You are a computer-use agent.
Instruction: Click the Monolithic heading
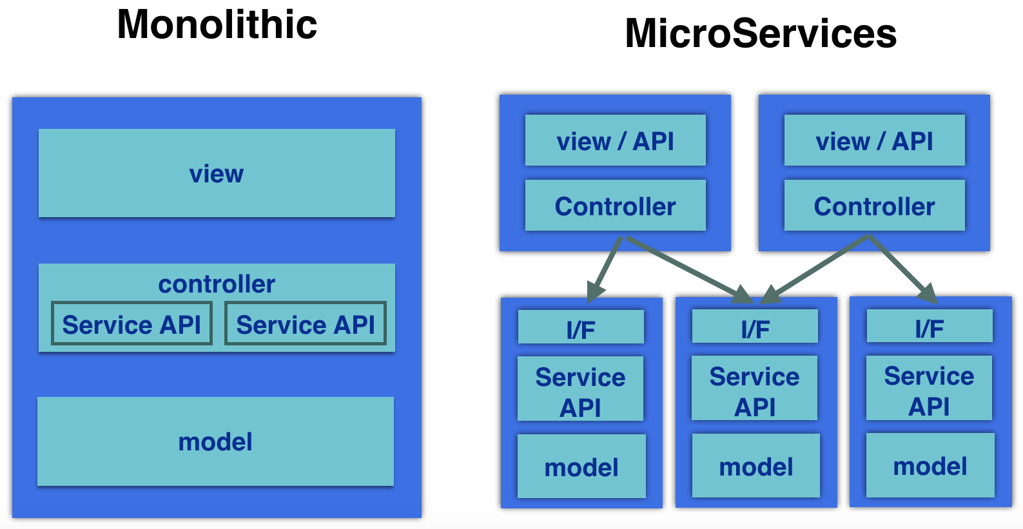(217, 24)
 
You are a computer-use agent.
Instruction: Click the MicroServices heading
(761, 34)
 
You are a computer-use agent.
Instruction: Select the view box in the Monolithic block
(217, 173)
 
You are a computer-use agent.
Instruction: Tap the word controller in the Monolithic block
(217, 284)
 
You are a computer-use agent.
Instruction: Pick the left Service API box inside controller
(132, 323)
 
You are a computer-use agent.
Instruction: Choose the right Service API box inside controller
(306, 323)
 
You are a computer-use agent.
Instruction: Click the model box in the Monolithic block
(215, 441)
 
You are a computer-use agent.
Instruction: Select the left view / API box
(615, 140)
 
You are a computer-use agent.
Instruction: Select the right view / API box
(875, 140)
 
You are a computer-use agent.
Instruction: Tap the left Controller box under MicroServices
(615, 206)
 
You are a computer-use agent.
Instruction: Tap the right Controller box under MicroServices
(875, 206)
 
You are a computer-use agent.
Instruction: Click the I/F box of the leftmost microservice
(581, 327)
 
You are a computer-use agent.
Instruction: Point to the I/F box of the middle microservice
(755, 326)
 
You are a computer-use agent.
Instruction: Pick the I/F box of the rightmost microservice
(930, 326)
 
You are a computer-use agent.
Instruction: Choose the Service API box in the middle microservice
(754, 388)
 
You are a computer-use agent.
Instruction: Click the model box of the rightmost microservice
(930, 465)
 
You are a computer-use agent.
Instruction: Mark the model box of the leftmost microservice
(581, 466)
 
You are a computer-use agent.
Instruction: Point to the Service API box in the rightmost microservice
(929, 388)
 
